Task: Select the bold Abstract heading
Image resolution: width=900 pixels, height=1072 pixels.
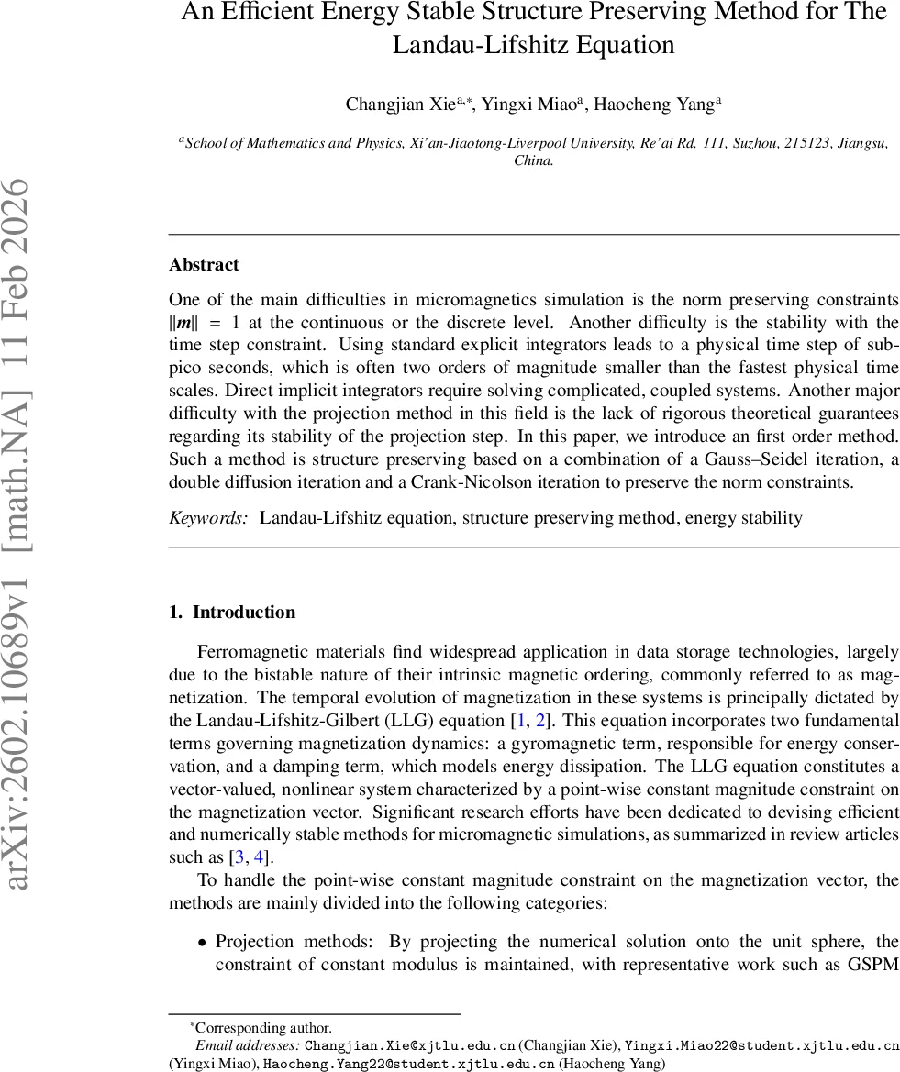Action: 204,265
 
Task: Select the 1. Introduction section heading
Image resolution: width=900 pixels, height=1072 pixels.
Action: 232,613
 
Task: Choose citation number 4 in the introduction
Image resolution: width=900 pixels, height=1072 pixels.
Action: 260,857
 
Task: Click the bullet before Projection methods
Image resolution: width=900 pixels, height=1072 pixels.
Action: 202,942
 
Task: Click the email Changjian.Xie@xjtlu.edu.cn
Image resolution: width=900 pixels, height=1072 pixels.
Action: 409,1045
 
